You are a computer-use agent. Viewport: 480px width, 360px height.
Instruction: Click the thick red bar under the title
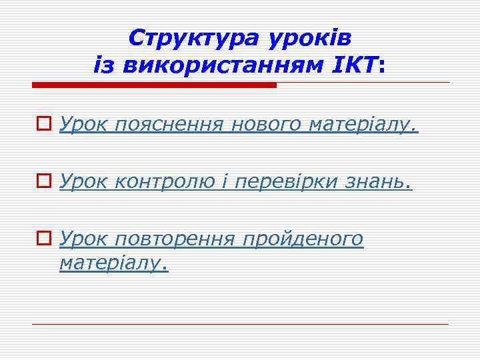154,85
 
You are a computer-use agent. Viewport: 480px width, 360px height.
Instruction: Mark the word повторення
175,239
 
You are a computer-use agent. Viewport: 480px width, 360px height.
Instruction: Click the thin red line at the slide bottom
240,324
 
